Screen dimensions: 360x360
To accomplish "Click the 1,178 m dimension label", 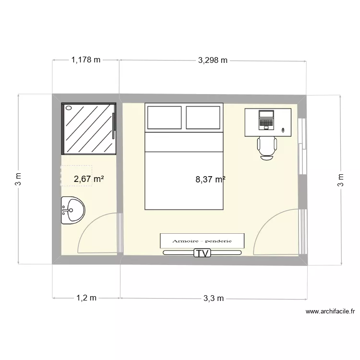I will coord(86,60).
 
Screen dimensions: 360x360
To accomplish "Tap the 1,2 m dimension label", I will coord(86,298).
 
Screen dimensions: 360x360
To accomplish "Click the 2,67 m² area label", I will coord(89,180).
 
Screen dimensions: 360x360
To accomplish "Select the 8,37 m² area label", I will coord(210,180).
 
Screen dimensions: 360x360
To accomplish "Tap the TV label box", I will coord(203,253).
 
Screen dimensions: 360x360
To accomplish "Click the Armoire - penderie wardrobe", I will coord(202,240).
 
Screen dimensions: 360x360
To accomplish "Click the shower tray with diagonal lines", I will coord(89,129).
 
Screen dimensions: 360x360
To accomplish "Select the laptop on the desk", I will coord(265,120).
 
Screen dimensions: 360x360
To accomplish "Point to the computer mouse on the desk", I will coord(283,130).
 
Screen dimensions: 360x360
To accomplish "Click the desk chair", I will coord(267,147).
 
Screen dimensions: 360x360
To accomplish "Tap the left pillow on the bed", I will coord(164,118).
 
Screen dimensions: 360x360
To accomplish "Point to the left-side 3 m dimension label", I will coord(18,180).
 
